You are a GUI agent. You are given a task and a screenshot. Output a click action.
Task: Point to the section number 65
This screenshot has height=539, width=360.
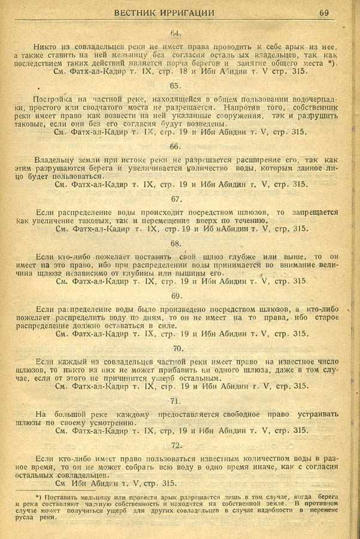pyautogui.click(x=176, y=86)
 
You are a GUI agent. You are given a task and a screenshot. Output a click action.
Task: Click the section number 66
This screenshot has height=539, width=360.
pyautogui.click(x=176, y=147)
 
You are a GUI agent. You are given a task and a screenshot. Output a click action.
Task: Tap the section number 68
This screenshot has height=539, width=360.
pyautogui.click(x=176, y=243)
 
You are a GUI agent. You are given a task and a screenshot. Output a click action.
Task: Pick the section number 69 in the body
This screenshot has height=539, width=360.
pyautogui.click(x=176, y=296)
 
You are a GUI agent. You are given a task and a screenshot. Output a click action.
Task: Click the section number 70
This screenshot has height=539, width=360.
pyautogui.click(x=177, y=349)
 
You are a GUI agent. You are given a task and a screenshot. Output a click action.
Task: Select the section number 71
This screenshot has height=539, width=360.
pyautogui.click(x=176, y=401)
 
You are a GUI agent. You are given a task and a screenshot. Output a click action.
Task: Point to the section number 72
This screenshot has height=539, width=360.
pyautogui.click(x=176, y=445)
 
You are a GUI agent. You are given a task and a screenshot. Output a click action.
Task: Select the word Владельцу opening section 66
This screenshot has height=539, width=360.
pyautogui.click(x=55, y=161)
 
